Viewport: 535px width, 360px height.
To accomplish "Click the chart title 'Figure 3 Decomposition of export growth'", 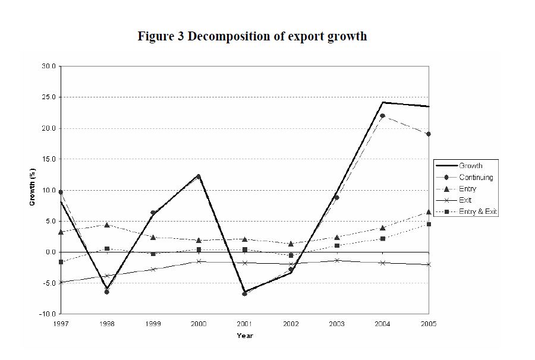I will pyautogui.click(x=252, y=37).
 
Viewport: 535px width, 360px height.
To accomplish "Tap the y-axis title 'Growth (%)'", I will pyautogui.click(x=33, y=188).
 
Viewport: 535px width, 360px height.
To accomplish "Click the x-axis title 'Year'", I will pyautogui.click(x=244, y=336).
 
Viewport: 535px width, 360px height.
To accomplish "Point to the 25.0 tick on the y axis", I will pyautogui.click(x=49, y=97).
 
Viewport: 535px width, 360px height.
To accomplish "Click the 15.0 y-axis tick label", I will pyautogui.click(x=49, y=159).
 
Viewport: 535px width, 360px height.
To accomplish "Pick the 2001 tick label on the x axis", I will pyautogui.click(x=244, y=324).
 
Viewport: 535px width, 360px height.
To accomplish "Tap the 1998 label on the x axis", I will pyautogui.click(x=106, y=324).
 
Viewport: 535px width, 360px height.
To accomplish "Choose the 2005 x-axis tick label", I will pyautogui.click(x=428, y=324).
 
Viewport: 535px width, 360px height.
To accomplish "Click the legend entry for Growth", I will pyautogui.click(x=470, y=166).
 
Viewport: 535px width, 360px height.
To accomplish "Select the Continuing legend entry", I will pyautogui.click(x=476, y=177).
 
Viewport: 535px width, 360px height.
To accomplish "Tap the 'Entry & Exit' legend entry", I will pyautogui.click(x=478, y=211).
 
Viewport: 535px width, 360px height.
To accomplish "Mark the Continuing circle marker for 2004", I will pyautogui.click(x=382, y=116).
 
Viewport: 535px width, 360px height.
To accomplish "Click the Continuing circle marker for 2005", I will pyautogui.click(x=428, y=134).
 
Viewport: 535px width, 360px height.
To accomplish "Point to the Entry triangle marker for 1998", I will pyautogui.click(x=106, y=225).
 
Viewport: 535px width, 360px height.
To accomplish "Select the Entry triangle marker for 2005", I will pyautogui.click(x=428, y=212).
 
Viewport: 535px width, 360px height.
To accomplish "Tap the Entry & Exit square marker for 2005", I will pyautogui.click(x=428, y=224).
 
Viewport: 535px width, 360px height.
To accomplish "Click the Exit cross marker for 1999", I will pyautogui.click(x=153, y=269).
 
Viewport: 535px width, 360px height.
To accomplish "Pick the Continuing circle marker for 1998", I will pyautogui.click(x=106, y=292).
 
